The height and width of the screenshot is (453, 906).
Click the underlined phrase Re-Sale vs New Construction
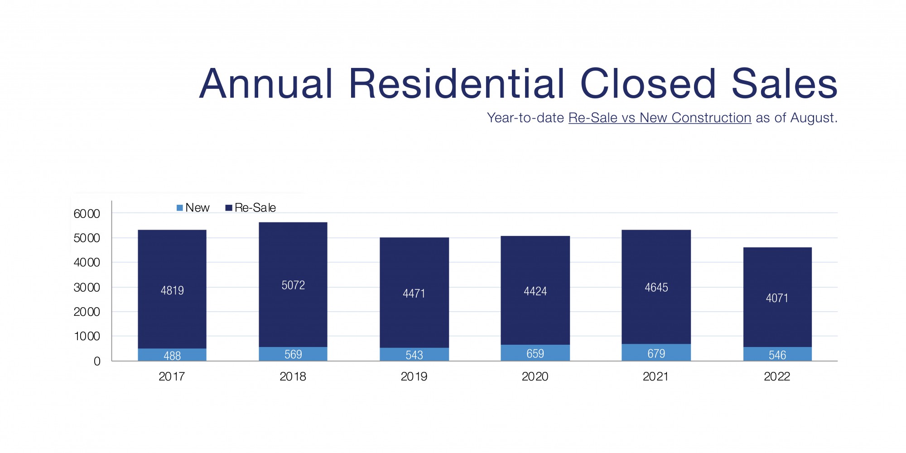point(660,118)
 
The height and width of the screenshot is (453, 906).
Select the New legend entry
point(193,207)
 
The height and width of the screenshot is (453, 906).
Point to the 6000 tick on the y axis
point(87,214)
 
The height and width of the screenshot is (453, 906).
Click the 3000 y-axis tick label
point(87,287)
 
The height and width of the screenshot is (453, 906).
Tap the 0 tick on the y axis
point(97,361)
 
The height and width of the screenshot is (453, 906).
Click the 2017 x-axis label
point(172,376)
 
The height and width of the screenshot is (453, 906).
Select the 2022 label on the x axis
point(777,376)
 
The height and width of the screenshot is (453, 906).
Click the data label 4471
point(414,294)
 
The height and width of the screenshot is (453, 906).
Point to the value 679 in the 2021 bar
point(656,353)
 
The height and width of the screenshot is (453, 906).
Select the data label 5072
point(293,285)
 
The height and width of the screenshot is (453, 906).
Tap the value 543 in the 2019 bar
point(414,355)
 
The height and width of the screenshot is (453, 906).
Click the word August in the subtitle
point(813,118)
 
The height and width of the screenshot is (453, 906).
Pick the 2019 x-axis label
point(414,376)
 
